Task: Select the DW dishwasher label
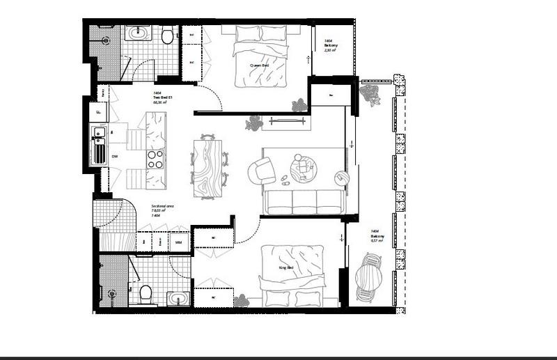point(115,157)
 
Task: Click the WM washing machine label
point(178,242)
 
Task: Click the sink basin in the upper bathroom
point(136,32)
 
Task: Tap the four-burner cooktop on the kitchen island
point(155,159)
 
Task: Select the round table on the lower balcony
point(368,277)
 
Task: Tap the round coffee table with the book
point(303,166)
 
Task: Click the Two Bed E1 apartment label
point(162,97)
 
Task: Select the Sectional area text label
point(163,207)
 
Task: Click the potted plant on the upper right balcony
point(370,95)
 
